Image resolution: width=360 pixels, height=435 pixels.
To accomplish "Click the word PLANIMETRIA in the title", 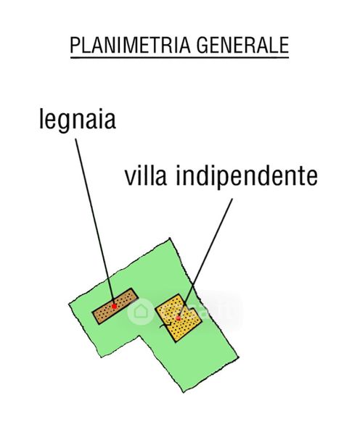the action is click(131, 45).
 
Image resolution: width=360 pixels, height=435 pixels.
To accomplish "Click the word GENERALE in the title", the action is click(242, 45).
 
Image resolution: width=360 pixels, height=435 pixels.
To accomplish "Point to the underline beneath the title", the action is click(179, 58).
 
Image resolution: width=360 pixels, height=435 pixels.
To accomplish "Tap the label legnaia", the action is click(77, 120).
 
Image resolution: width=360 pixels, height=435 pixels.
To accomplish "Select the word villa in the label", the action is click(146, 175).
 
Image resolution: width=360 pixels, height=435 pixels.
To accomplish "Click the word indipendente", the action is click(247, 177).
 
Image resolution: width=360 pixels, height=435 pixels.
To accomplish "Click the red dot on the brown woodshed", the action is click(114, 306).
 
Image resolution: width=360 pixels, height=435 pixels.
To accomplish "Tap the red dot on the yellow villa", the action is click(179, 318).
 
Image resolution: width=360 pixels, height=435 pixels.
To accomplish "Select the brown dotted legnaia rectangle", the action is click(115, 306).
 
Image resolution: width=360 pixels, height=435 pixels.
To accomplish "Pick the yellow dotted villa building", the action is click(179, 318).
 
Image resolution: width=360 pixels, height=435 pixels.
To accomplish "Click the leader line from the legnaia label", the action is click(95, 222).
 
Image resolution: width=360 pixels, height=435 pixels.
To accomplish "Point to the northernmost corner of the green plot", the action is click(170, 239).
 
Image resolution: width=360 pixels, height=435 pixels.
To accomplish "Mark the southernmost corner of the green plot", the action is click(184, 392).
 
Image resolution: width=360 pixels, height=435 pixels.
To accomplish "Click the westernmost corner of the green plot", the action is click(69, 304).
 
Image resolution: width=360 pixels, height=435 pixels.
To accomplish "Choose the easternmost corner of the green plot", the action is click(239, 357).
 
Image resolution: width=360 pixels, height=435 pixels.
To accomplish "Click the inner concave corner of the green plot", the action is click(140, 336).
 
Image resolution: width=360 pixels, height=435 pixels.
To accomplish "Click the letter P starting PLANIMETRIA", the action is click(74, 45).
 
